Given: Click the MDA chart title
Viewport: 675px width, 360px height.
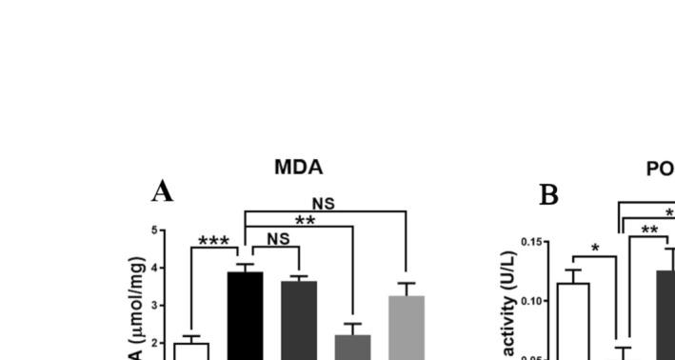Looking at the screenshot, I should point(299,168).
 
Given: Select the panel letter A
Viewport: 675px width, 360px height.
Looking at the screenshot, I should point(163,192).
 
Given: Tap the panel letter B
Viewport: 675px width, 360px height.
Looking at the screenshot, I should point(549,195).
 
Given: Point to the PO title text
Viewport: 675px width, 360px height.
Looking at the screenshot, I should point(660,169).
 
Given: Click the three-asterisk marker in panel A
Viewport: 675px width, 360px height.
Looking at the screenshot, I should point(213,241).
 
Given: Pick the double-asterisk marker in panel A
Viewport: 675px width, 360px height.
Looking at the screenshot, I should point(305,221).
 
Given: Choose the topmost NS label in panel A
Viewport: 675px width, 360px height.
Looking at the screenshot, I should point(324,204).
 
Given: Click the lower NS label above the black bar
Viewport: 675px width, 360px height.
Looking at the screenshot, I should point(278,240).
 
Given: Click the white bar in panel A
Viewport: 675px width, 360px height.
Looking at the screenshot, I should point(191,350).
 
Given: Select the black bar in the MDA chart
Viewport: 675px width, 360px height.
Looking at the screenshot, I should point(245,315).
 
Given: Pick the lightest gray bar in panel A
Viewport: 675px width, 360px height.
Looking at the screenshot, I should point(407,328).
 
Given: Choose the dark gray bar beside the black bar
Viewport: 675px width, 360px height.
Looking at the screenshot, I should point(299,320).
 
